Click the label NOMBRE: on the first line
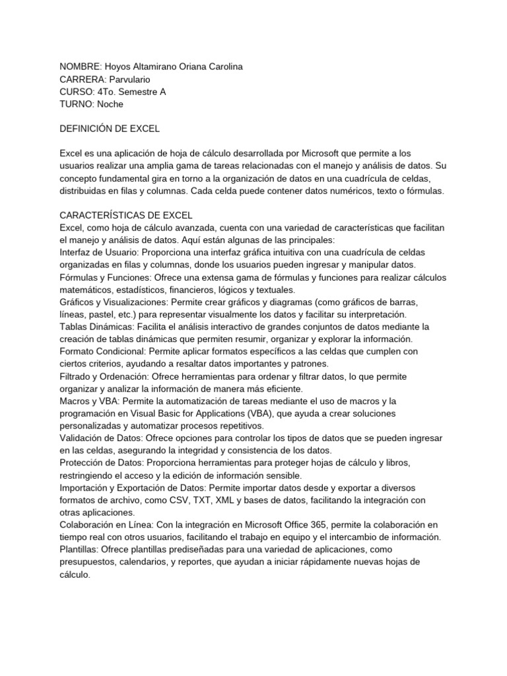pos(79,67)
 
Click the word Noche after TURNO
pos(110,104)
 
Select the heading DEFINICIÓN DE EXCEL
pos(109,129)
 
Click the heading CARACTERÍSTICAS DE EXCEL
pos(125,215)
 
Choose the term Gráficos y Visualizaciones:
pos(114,302)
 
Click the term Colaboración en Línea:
pos(106,525)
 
